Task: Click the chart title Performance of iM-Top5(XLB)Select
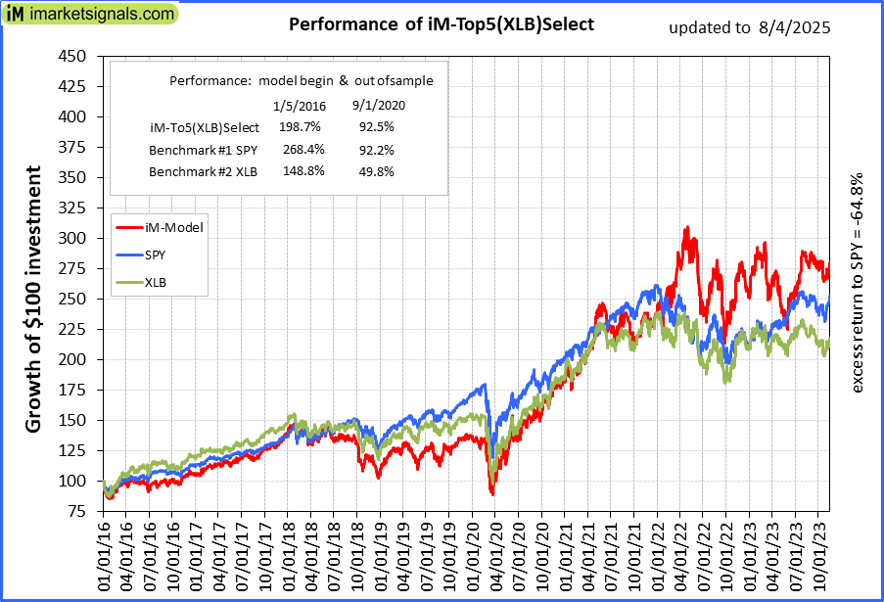[x=442, y=24]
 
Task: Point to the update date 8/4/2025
[x=794, y=27]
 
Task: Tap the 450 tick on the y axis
[x=72, y=56]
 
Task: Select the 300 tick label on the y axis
[x=72, y=238]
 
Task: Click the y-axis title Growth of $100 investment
[x=33, y=299]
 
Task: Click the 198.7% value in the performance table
[x=299, y=127]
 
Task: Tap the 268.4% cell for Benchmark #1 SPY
[x=299, y=150]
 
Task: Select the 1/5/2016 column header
[x=299, y=105]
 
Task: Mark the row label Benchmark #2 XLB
[x=204, y=171]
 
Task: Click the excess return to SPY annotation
[x=857, y=284]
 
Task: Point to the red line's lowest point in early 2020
[x=492, y=494]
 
